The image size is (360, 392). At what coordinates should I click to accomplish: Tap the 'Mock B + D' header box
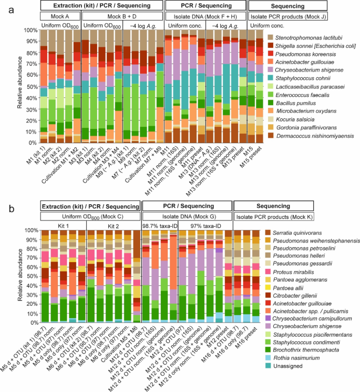[122, 16]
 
